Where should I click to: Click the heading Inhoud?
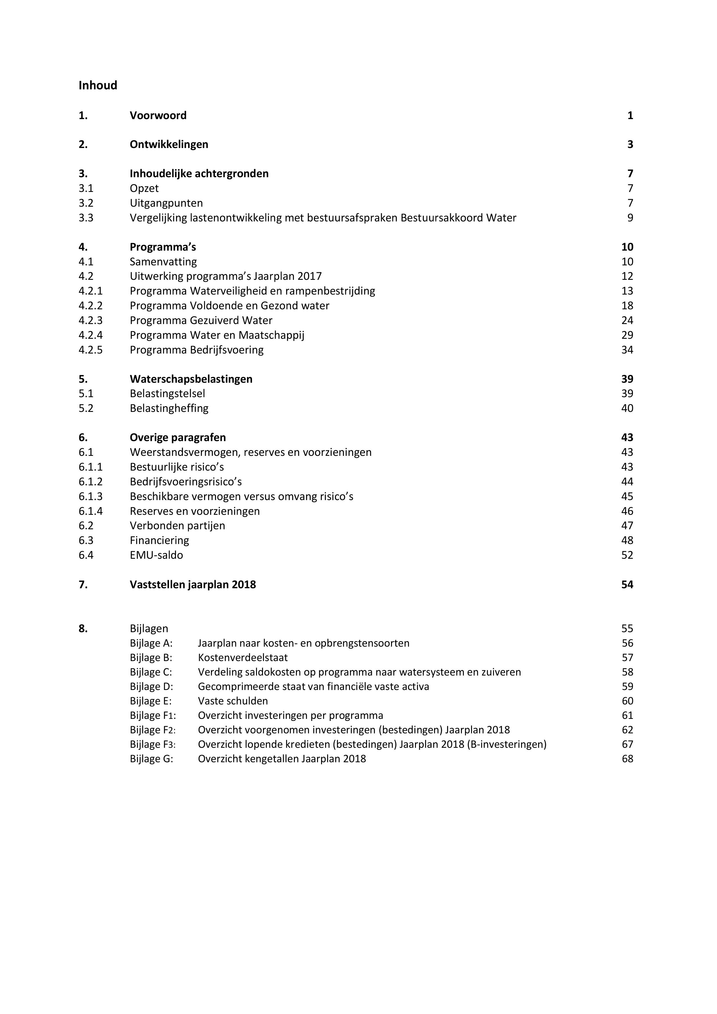98,85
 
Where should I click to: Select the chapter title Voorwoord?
158,115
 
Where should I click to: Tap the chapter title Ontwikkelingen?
169,145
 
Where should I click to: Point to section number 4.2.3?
90,320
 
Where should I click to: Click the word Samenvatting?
163,262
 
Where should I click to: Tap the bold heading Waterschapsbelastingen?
191,379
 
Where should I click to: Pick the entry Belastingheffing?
169,408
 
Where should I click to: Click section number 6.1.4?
90,511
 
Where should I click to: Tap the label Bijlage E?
151,701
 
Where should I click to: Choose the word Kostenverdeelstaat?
242,658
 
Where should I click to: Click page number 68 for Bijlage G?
627,759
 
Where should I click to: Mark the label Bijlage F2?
152,730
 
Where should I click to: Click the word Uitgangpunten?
166,203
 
